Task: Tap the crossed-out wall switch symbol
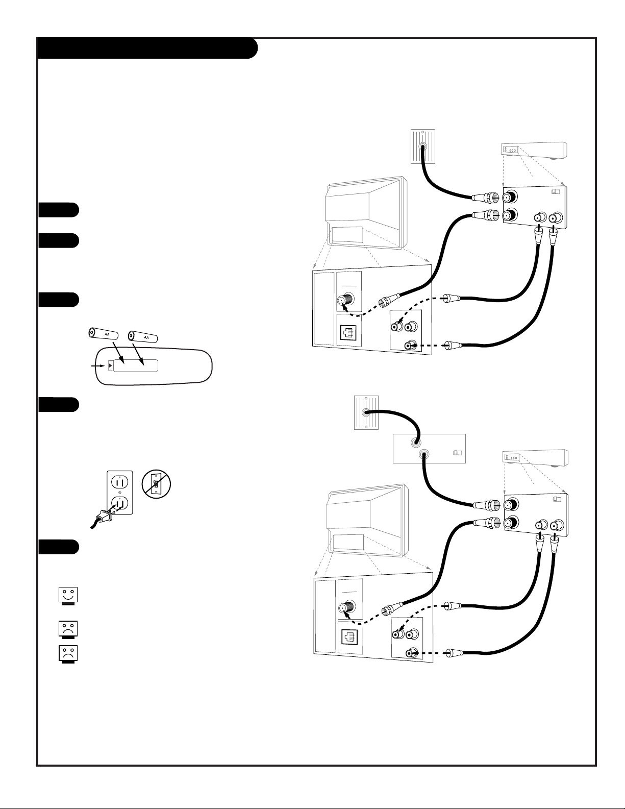coord(156,484)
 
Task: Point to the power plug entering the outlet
coord(106,515)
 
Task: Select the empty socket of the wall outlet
coord(120,482)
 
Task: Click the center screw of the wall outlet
coord(120,493)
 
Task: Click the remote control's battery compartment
coord(133,365)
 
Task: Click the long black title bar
coord(147,48)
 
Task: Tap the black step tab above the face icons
coord(58,547)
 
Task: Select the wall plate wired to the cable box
coord(366,412)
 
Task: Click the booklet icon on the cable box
coord(457,453)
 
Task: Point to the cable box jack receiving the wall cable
coord(415,443)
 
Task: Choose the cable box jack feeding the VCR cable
coord(424,454)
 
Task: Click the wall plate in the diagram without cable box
coord(422,146)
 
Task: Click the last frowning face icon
coord(68,654)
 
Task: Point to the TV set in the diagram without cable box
coord(366,212)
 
